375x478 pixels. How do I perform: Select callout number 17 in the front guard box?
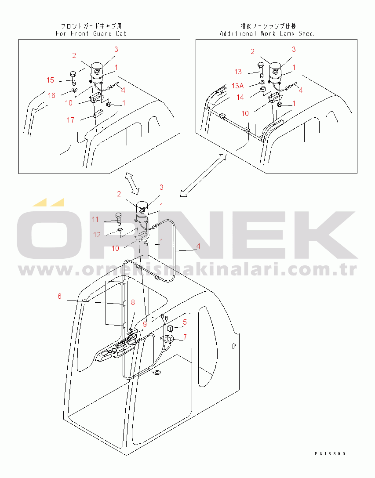[x=71, y=119]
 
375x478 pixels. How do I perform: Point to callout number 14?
[x=240, y=98]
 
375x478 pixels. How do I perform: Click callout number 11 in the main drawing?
[x=95, y=219]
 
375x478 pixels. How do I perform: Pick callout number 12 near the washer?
[x=97, y=235]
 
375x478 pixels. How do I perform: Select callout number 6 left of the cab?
[x=60, y=296]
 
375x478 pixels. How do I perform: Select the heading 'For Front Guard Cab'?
[x=91, y=33]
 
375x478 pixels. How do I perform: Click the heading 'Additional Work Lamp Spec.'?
[x=267, y=33]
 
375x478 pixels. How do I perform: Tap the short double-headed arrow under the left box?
[x=131, y=183]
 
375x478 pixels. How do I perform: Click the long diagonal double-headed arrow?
[x=203, y=175]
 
